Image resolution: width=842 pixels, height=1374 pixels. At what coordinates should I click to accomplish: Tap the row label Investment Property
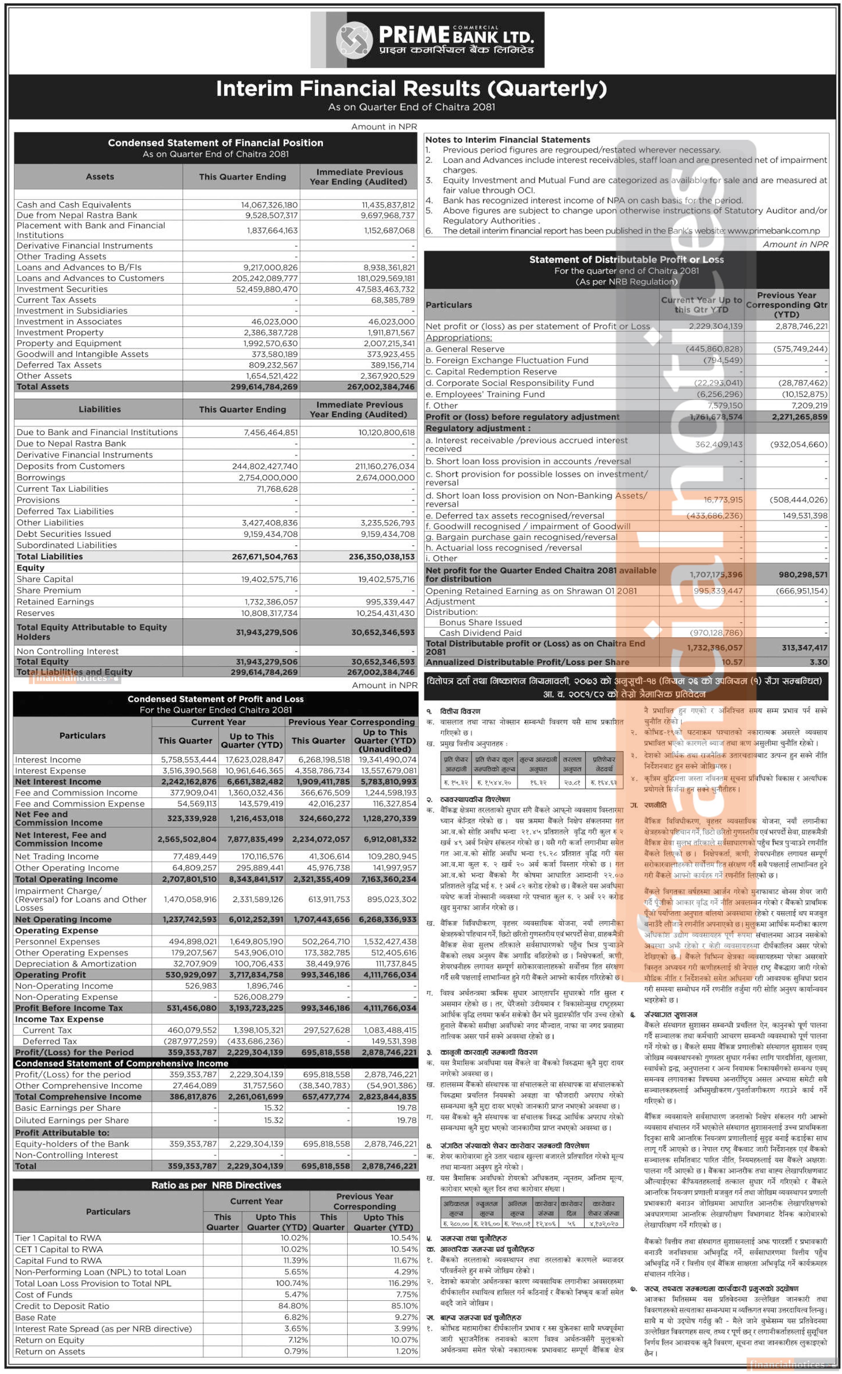pos(60,332)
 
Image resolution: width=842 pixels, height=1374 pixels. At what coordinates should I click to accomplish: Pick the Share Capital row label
pos(44,579)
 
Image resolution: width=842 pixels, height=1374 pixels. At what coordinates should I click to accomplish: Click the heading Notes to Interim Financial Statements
pos(507,140)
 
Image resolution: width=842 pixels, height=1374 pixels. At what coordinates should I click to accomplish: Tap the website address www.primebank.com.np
pos(774,231)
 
